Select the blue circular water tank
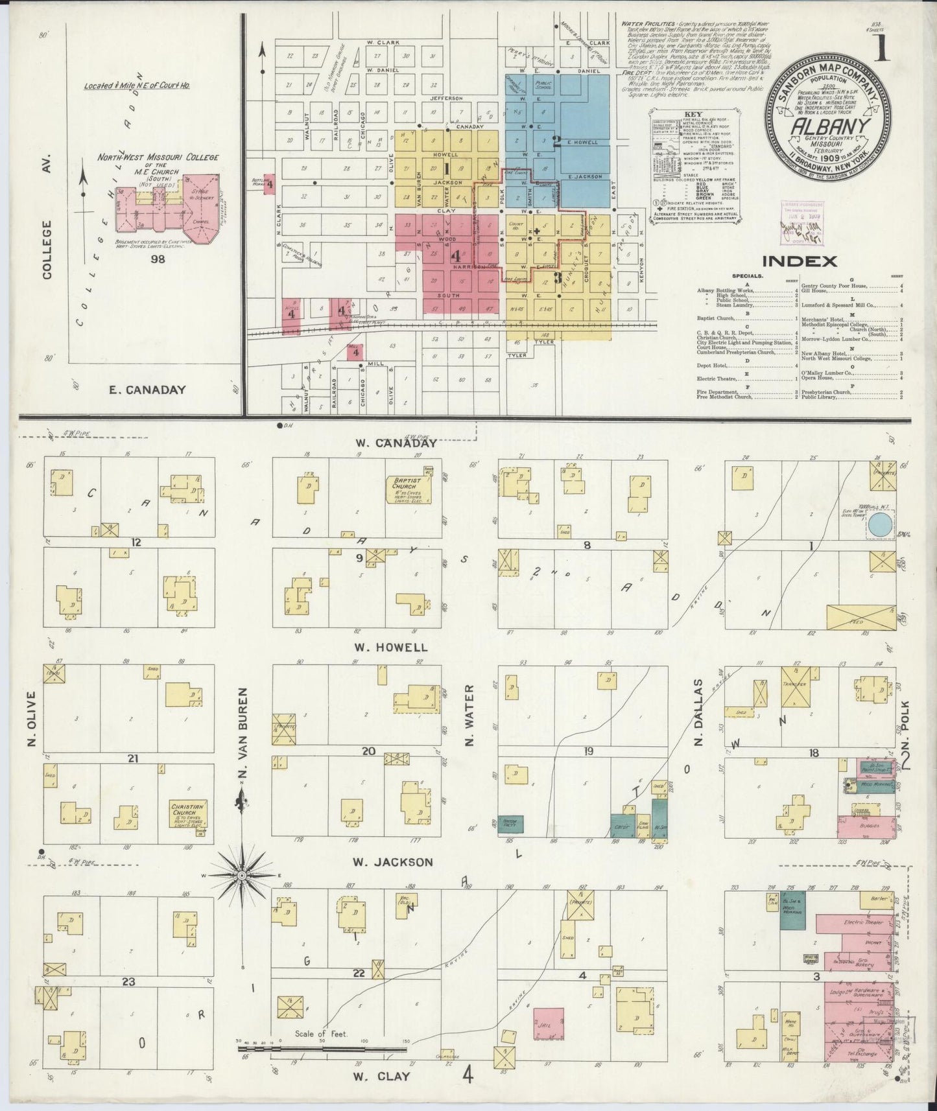pos(879,524)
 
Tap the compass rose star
pos(241,875)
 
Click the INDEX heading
pos(799,261)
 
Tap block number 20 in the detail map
pos(368,751)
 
